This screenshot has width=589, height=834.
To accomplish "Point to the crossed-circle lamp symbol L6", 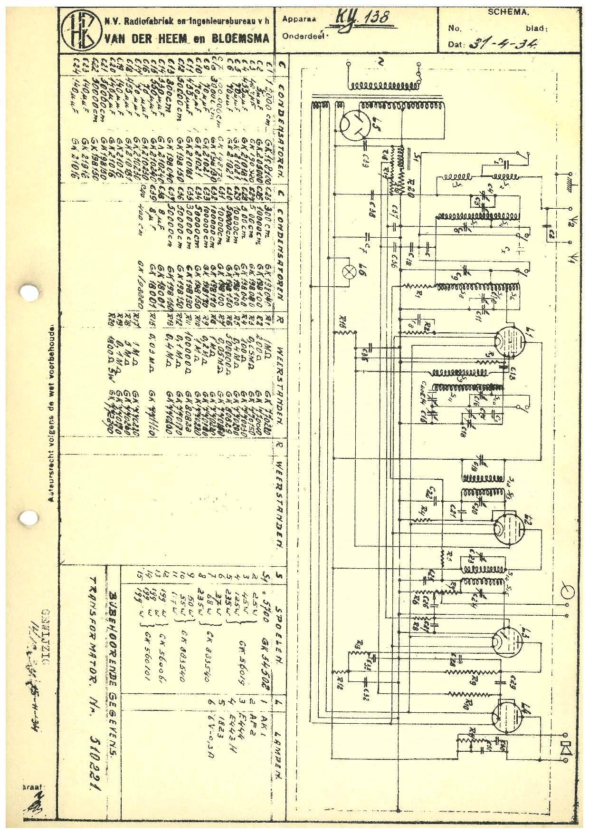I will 352,272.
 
